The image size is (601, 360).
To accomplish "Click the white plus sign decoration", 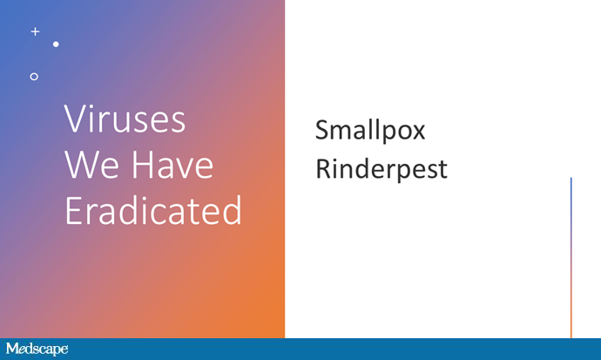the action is (x=35, y=31).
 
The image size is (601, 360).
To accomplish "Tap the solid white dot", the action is (x=56, y=44).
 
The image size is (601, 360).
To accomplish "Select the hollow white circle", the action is (x=34, y=77).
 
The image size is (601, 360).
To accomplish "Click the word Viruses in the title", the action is (x=125, y=119).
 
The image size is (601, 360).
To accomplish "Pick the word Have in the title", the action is (x=172, y=165).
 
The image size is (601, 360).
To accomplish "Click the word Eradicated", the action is (x=153, y=210).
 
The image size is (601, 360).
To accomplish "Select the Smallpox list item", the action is (x=370, y=131).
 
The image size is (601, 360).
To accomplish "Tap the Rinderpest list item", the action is (x=382, y=169).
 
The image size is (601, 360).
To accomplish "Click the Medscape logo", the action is (x=37, y=349).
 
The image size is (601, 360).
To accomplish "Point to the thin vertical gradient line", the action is (x=571, y=258).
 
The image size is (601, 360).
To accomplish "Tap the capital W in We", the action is (x=82, y=165).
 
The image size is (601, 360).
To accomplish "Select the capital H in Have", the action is (x=143, y=165).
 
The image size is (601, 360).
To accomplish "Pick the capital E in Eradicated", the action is (x=73, y=210).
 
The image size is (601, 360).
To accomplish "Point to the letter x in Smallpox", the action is (x=417, y=132).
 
